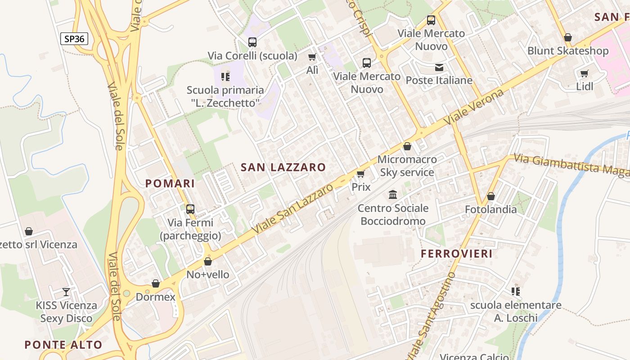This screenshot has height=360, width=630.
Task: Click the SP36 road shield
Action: tap(74, 39)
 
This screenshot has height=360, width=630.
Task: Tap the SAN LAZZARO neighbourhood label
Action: tap(283, 167)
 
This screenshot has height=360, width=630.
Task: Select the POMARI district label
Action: tap(170, 184)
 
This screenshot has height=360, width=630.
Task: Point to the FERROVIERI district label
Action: tap(457, 254)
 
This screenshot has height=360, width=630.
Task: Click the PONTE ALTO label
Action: tap(63, 345)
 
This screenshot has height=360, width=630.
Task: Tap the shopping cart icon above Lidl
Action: tap(584, 73)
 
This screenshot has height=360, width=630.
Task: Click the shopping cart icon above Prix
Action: tap(360, 174)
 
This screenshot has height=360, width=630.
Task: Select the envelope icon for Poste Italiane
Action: tap(439, 67)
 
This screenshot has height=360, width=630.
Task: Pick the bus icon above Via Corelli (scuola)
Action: tap(252, 42)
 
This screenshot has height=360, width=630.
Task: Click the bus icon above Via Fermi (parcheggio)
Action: tap(190, 209)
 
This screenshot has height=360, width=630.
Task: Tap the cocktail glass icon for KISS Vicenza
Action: tap(66, 292)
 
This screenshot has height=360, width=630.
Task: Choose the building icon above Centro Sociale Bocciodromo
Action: tap(393, 195)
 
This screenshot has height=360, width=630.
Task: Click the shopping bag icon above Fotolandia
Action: tap(491, 197)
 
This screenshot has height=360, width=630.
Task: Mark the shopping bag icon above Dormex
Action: tap(156, 283)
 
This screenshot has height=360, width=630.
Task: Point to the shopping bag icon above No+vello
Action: tap(208, 261)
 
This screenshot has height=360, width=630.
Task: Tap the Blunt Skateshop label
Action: tap(568, 51)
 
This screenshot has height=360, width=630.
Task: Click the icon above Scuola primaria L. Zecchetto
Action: tap(225, 77)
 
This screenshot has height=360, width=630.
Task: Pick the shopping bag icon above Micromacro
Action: tap(407, 146)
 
